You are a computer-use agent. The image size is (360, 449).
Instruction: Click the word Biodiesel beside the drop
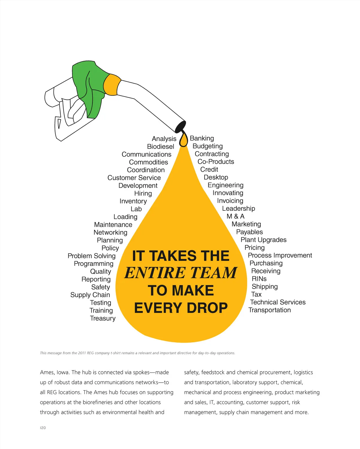(x=160, y=147)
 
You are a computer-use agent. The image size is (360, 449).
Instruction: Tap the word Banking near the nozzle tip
(x=202, y=138)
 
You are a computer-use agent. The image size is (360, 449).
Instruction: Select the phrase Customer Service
(x=134, y=178)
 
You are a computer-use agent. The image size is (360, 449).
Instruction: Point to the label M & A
(x=235, y=216)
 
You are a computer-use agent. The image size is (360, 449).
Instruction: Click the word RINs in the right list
(x=259, y=279)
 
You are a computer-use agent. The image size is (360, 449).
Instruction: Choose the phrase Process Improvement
(x=280, y=255)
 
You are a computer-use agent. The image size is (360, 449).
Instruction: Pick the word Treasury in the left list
(x=103, y=318)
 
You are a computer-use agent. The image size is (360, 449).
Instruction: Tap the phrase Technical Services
(x=278, y=302)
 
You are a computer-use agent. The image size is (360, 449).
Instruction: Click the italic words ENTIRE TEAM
(x=181, y=273)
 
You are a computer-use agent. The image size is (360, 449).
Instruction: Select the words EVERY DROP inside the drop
(x=181, y=308)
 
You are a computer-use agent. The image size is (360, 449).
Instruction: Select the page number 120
(x=43, y=428)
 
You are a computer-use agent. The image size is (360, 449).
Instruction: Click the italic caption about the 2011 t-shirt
(x=137, y=353)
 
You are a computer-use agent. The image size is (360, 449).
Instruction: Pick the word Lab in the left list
(x=136, y=209)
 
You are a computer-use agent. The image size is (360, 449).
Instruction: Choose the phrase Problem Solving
(x=91, y=256)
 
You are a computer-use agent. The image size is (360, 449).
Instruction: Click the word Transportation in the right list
(x=269, y=310)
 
